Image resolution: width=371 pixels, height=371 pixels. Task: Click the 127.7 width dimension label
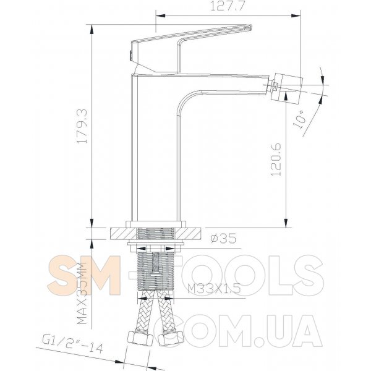click(227, 6)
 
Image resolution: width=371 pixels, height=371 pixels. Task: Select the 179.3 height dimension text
click(83, 126)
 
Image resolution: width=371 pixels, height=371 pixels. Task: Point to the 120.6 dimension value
click(276, 160)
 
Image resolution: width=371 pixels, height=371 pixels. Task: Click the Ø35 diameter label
click(223, 238)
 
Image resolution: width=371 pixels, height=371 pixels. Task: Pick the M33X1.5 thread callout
click(214, 288)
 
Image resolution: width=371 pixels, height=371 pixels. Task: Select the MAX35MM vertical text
click(82, 293)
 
